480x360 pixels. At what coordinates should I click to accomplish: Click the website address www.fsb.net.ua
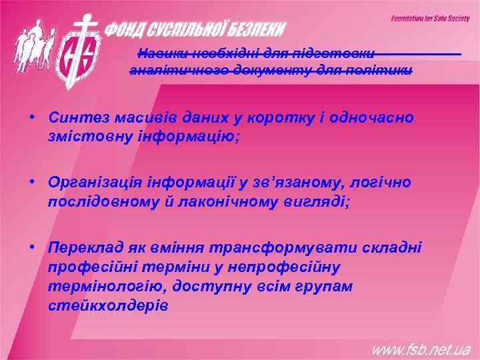[421, 349]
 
